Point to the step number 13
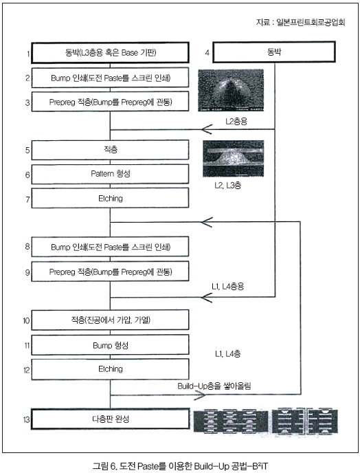[26, 419]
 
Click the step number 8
[27, 246]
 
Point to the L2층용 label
[236, 121]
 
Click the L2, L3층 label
[227, 185]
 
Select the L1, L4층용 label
[227, 286]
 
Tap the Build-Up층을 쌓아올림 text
[214, 386]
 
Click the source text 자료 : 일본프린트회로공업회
[301, 22]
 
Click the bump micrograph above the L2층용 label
[231, 90]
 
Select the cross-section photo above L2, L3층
[234, 158]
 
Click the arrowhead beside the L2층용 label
[207, 129]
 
